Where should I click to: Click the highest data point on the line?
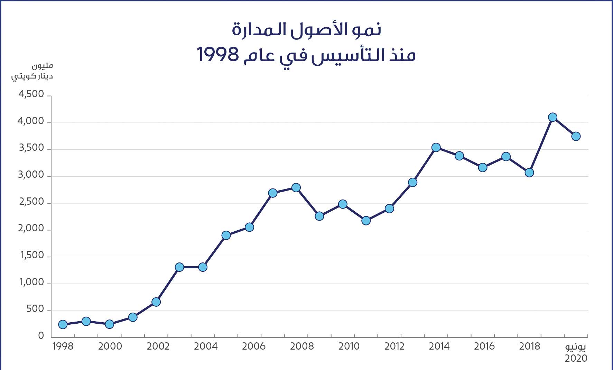pos(552,117)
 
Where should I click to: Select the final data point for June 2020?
pos(576,136)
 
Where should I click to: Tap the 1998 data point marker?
pos(63,324)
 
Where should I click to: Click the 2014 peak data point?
pos(436,148)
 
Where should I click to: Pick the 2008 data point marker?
pos(296,188)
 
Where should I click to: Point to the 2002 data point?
pos(156,302)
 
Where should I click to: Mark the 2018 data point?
pos(529,173)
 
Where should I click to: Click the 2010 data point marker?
pos(343,204)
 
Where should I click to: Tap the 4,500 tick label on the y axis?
pos(31,94)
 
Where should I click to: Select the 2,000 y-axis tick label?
pos(31,229)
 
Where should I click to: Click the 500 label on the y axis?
pos(36,309)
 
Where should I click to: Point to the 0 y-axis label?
pos(41,336)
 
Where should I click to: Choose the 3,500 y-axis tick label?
pos(31,148)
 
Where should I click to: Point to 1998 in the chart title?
pos(218,55)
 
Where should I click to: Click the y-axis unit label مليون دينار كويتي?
pos(33,71)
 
